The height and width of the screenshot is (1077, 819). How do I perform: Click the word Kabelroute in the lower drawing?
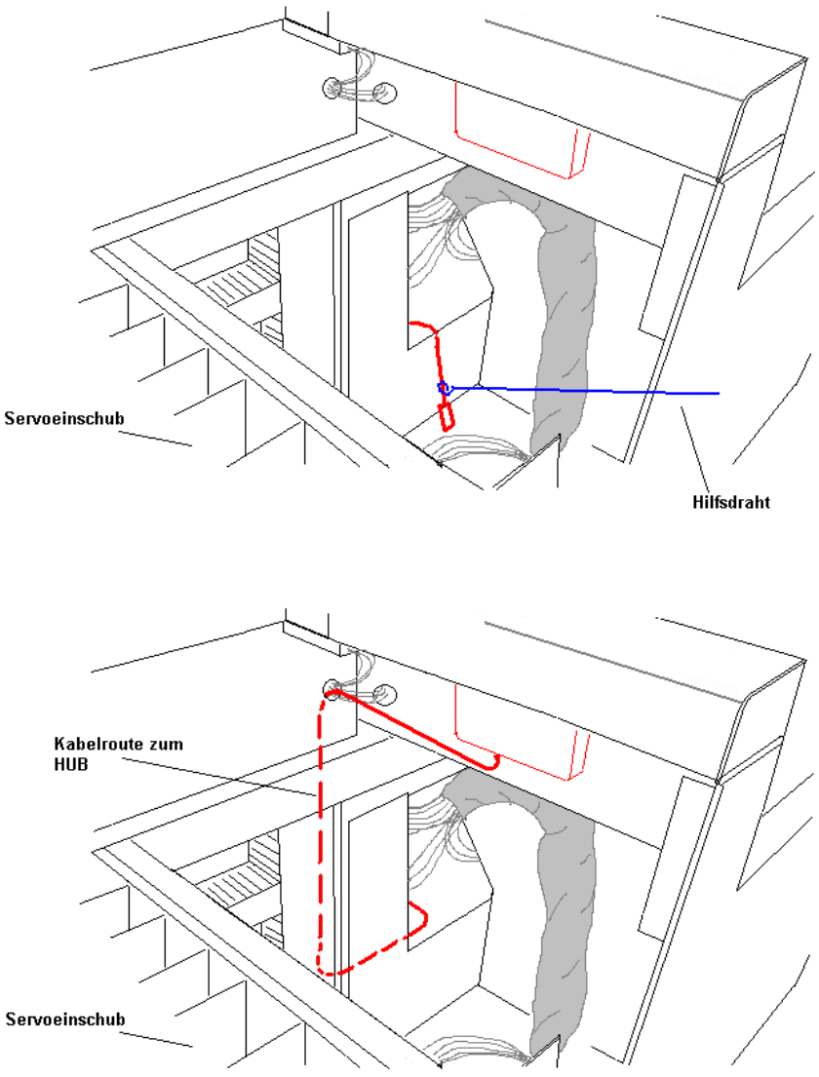[93, 744]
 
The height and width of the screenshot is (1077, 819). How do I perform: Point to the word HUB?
[70, 765]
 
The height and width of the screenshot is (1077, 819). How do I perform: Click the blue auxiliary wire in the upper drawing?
[585, 390]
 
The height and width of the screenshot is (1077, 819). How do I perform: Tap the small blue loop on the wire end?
[444, 388]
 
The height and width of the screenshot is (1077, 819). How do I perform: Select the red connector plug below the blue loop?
[447, 417]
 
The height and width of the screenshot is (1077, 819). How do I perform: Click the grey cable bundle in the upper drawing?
[561, 322]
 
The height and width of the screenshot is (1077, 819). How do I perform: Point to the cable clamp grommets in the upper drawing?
[360, 91]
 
